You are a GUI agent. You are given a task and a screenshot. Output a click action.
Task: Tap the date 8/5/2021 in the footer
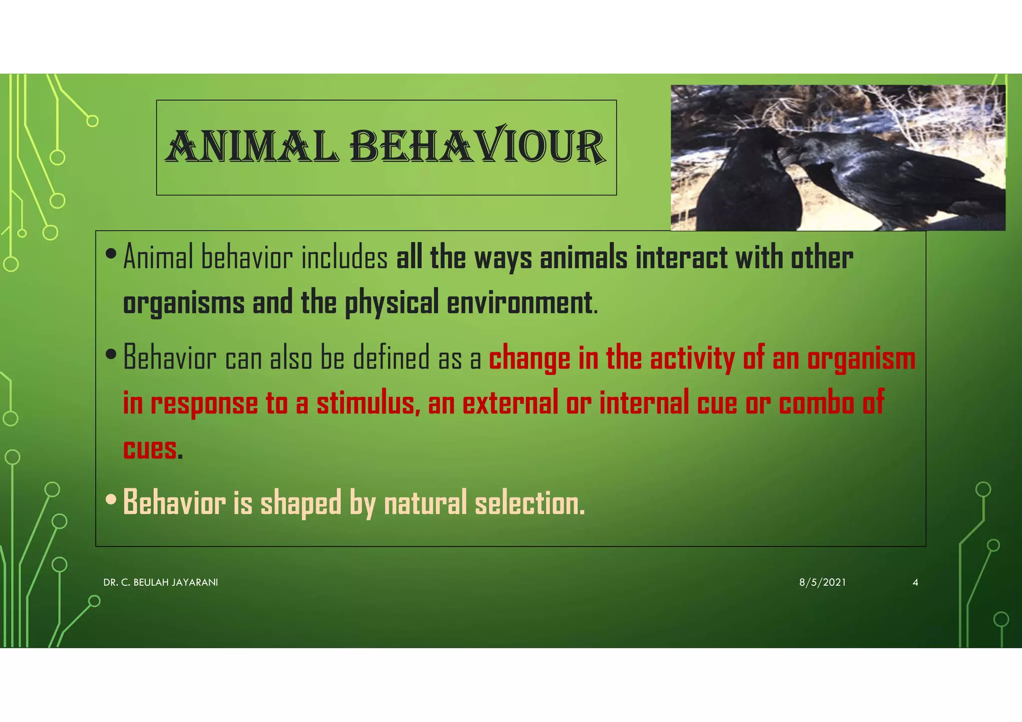pos(822,582)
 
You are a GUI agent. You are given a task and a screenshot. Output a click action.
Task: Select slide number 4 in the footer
pos(915,582)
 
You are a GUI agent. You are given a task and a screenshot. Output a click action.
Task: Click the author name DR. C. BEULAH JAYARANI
pos(161,582)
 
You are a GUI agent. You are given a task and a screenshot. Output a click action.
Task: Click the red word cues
pos(150,448)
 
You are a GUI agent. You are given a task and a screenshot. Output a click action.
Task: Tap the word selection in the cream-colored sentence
pos(529,503)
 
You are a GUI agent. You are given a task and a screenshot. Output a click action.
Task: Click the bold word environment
pos(519,303)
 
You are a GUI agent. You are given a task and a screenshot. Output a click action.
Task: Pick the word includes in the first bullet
pos(345,258)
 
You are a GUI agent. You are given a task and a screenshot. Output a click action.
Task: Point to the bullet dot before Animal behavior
pos(111,254)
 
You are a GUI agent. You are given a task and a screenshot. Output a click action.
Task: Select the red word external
pos(510,403)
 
